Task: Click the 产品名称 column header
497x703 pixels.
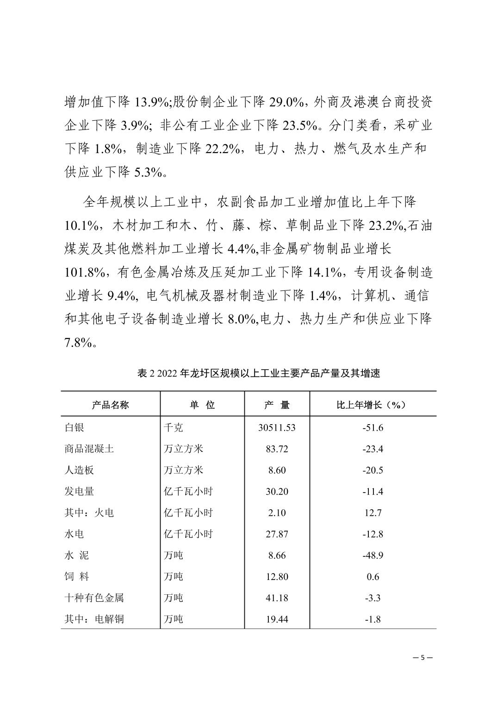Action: coord(110,405)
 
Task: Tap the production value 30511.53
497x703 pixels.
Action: coord(277,427)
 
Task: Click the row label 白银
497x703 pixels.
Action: coord(75,427)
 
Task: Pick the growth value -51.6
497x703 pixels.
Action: coord(373,427)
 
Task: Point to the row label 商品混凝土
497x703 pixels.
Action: coord(89,449)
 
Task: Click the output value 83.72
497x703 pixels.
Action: coord(277,449)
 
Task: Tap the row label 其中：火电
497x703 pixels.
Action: coord(89,512)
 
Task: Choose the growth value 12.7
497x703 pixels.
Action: coord(373,512)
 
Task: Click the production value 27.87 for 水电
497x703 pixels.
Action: coord(277,534)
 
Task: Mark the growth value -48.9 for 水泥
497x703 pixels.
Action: coord(373,555)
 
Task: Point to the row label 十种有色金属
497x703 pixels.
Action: coord(94,598)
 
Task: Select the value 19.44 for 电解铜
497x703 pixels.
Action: coord(277,619)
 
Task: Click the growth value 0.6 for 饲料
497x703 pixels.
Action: coord(373,576)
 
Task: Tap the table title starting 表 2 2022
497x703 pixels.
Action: coord(258,373)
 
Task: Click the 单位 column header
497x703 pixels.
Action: coord(202,405)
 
